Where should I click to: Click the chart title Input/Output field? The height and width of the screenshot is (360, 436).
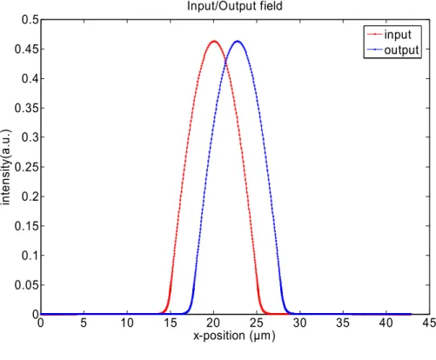coord(234,6)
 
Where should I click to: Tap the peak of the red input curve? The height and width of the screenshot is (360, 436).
coord(214,42)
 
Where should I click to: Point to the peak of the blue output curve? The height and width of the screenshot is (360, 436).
coord(238,42)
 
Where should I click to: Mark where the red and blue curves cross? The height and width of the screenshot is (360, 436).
coord(225,60)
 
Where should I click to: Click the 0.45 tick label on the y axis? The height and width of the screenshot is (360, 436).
coord(27,49)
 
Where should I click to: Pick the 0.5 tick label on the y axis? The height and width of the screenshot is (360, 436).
coord(30,19)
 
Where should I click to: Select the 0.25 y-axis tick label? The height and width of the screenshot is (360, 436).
coord(27,167)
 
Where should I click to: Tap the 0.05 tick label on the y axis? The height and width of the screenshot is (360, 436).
coord(27,285)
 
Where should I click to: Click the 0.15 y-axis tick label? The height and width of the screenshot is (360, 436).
coord(27,226)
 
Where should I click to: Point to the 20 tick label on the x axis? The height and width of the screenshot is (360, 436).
coord(213,323)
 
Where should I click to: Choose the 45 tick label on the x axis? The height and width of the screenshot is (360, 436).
coord(429,323)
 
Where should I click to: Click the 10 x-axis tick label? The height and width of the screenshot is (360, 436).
coord(127,323)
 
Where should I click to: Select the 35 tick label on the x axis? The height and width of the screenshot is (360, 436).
coord(343,323)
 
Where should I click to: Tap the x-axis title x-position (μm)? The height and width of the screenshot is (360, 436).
coord(234,336)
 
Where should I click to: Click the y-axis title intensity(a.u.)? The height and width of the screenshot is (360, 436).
coord(6,167)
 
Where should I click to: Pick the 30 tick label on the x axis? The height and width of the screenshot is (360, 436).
coord(299,323)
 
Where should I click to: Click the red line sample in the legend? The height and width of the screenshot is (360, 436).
coord(374,34)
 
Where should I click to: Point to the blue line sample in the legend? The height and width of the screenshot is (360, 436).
coord(374,50)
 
